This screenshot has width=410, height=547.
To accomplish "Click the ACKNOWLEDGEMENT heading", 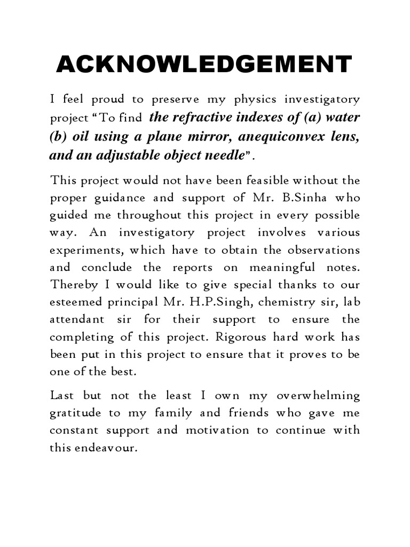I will [x=204, y=65].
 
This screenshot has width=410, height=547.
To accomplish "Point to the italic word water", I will [x=341, y=118].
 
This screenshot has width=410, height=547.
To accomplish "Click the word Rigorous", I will [x=246, y=337].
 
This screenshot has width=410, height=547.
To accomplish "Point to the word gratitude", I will [x=73, y=413].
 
